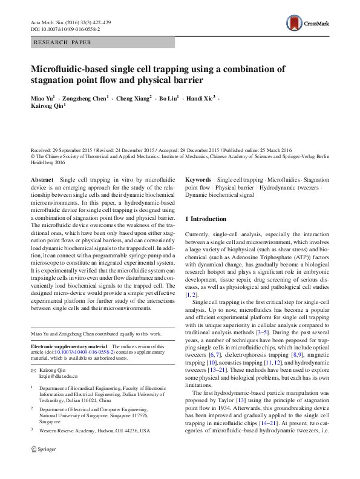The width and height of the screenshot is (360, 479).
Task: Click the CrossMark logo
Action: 309,24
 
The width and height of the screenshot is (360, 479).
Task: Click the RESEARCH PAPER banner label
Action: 63,43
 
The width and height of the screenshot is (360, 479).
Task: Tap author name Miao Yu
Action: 41,98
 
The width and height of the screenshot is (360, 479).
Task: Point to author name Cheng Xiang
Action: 133,98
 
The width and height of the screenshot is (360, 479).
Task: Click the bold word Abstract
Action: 42,180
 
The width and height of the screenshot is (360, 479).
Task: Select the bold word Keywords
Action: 198,180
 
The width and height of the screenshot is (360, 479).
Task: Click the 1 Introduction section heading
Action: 206,219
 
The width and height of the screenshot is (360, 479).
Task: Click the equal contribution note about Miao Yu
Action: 96,334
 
